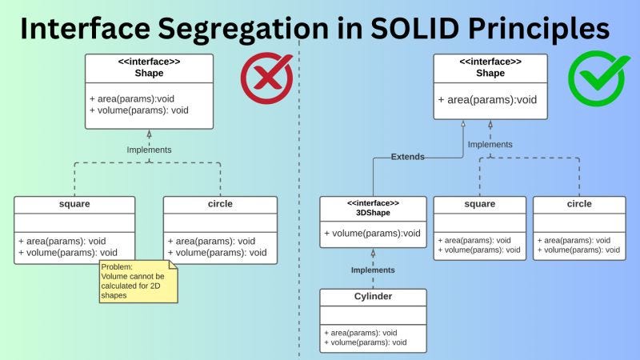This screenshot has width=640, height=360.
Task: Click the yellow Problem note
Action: (138, 281)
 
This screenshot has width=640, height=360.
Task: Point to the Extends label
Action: (408, 157)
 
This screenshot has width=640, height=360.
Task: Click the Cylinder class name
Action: (373, 296)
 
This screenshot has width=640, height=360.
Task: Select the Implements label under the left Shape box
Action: (149, 150)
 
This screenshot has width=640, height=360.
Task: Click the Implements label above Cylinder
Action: (373, 270)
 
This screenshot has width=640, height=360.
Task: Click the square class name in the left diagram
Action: (74, 204)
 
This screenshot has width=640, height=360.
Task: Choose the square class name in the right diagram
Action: (479, 204)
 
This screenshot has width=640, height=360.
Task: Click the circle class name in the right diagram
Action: (579, 204)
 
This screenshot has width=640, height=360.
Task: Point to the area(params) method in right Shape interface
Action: (487, 100)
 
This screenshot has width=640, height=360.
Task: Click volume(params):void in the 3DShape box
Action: (373, 234)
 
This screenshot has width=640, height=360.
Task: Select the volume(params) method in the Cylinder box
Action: (366, 342)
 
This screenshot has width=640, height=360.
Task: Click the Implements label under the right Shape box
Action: (490, 145)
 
